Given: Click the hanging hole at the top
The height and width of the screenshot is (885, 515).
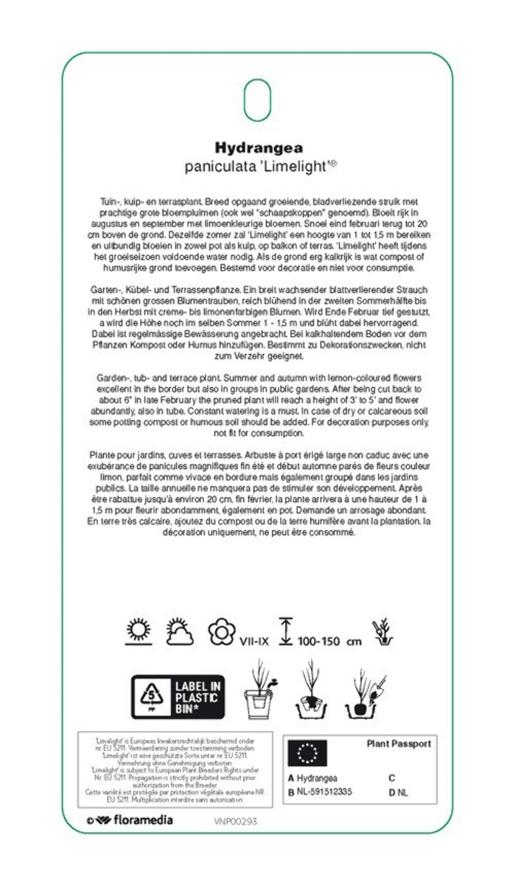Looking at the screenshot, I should (258, 100).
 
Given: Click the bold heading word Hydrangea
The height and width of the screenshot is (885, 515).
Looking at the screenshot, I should (258, 148).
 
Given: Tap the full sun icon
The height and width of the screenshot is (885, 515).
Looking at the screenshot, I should (138, 633).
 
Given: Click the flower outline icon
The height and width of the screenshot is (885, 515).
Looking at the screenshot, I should (220, 633).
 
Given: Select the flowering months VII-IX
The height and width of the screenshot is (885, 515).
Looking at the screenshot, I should (255, 642).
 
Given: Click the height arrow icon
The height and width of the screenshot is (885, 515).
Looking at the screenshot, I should (286, 633).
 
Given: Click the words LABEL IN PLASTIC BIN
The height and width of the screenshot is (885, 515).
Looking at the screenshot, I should (197, 695).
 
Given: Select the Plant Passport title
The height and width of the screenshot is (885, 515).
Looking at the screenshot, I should (399, 744).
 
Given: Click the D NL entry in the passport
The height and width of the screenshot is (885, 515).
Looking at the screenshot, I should (398, 793).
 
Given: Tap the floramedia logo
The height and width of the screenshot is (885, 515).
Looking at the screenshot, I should (130, 820).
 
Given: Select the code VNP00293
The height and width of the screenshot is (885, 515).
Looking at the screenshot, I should (236, 821).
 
